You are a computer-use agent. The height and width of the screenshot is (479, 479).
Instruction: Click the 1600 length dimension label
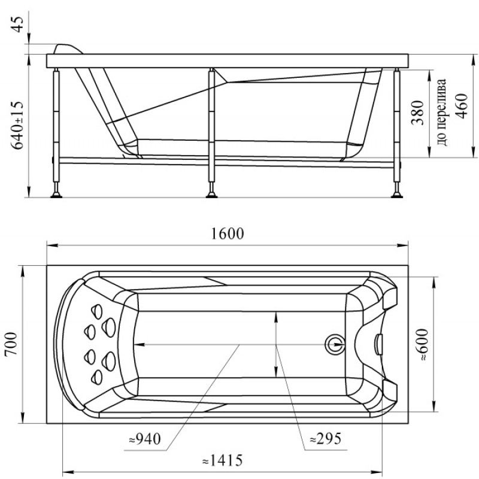click(228, 234)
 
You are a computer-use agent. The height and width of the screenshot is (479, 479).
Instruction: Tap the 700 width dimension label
click(11, 344)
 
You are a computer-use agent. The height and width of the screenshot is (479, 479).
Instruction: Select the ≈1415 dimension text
click(223, 460)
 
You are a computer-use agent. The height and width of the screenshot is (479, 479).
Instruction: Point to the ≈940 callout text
click(145, 439)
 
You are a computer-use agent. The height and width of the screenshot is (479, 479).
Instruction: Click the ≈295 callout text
click(325, 439)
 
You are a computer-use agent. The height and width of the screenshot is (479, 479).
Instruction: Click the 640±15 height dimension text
click(17, 125)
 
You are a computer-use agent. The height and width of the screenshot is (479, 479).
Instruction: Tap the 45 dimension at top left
click(17, 25)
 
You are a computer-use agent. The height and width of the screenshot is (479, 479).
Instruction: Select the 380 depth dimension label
click(418, 113)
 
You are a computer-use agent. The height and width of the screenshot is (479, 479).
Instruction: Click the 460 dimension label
click(461, 107)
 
